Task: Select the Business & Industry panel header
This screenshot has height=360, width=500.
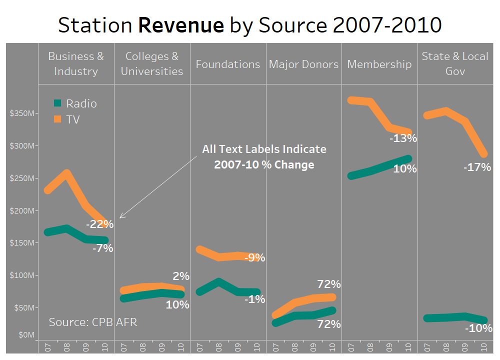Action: click(x=76, y=63)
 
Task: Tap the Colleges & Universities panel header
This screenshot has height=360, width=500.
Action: click(x=152, y=63)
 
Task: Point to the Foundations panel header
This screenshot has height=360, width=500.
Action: click(x=228, y=64)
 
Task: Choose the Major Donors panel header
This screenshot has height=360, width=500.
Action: click(x=303, y=64)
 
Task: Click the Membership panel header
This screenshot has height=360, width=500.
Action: click(x=379, y=64)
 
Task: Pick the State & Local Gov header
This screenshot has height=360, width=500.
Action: click(x=455, y=63)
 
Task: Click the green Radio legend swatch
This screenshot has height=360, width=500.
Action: click(x=57, y=103)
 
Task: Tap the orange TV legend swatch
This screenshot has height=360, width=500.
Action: click(x=57, y=119)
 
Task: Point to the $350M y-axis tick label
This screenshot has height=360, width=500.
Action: click(x=22, y=113)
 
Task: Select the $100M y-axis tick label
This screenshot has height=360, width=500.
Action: click(x=22, y=275)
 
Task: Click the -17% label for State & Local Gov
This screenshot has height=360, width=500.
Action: click(x=477, y=167)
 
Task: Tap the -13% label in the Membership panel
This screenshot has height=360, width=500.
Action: click(x=403, y=138)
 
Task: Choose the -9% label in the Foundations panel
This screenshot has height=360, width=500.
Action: click(x=254, y=258)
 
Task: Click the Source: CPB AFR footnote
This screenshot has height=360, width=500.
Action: click(x=93, y=322)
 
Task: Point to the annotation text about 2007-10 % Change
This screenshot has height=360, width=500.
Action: click(x=264, y=157)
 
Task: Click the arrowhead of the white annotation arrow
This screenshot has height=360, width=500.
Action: click(x=120, y=217)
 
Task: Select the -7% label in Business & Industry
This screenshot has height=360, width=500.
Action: click(x=102, y=248)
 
